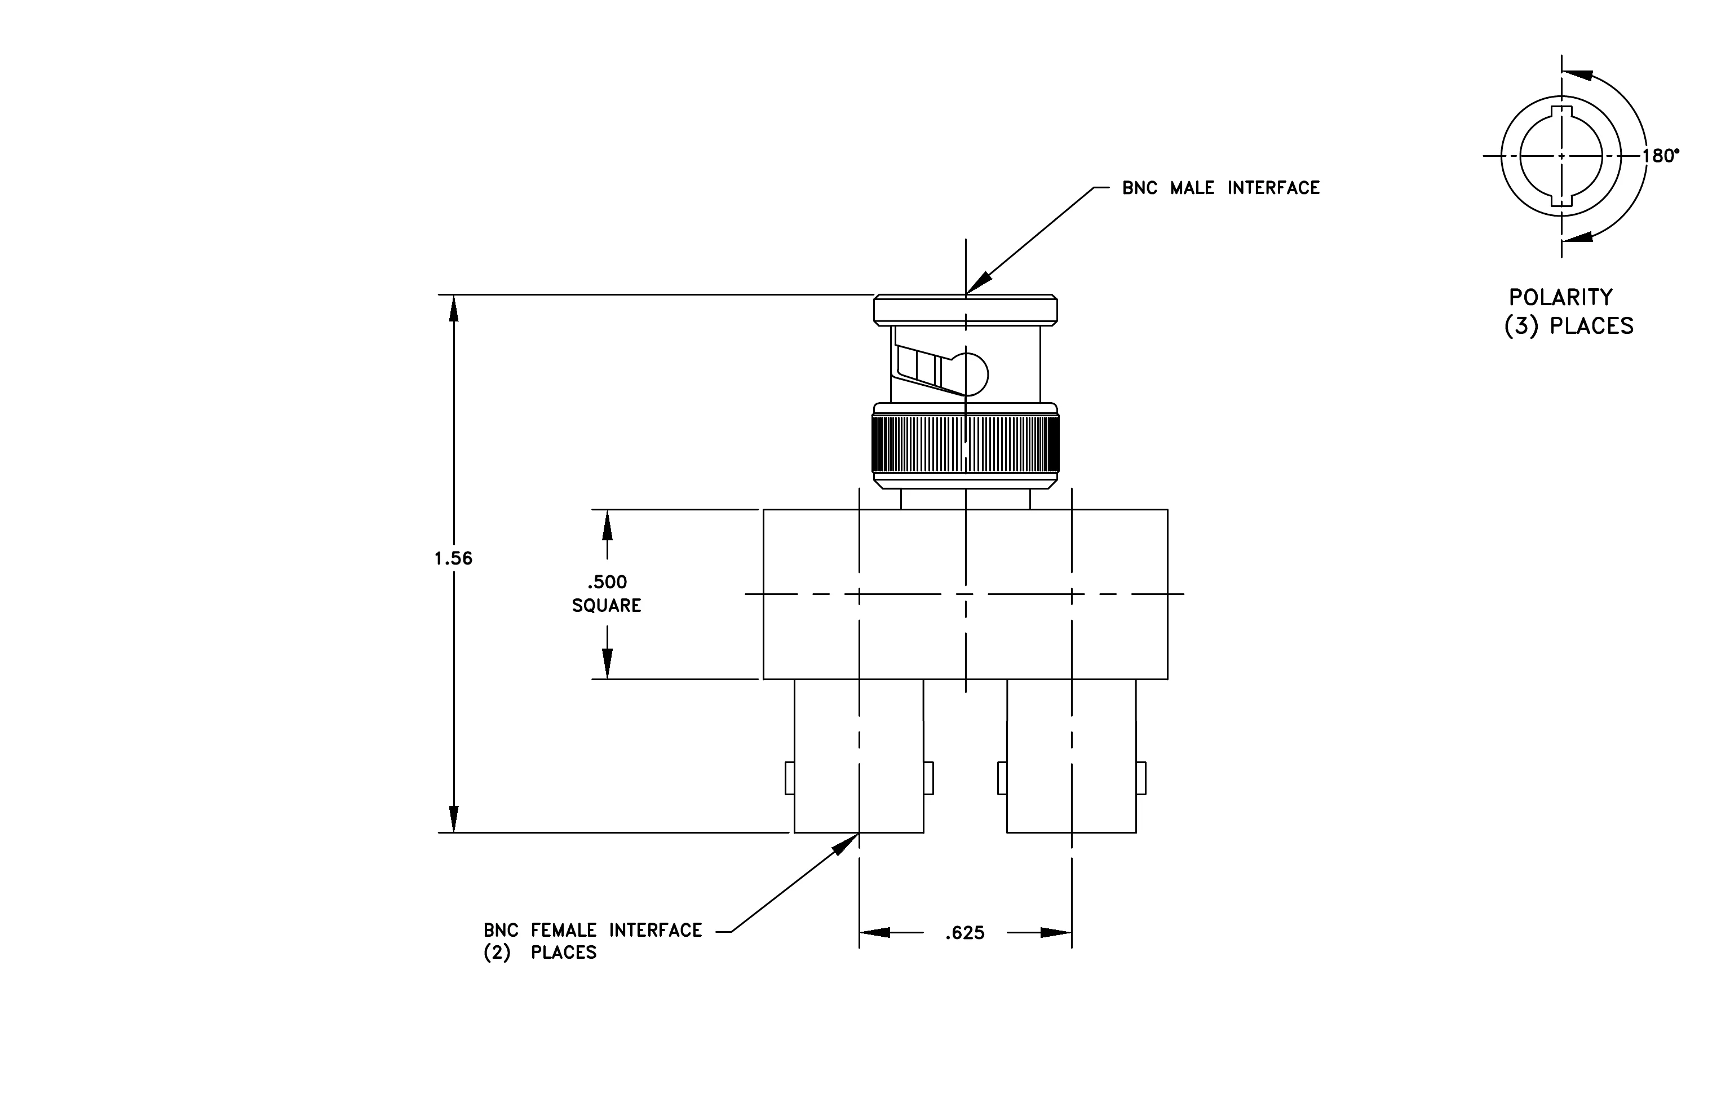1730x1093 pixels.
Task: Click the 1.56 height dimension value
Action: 453,558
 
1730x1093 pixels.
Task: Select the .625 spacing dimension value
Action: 965,933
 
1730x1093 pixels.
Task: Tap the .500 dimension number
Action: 607,582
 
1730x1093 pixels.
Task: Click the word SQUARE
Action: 607,606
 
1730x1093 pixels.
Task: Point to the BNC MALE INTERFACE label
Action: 1222,188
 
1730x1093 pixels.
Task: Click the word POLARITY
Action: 1560,298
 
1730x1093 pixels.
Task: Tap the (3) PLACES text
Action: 1569,326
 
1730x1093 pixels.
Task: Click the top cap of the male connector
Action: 966,310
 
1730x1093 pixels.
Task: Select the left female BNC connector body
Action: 859,756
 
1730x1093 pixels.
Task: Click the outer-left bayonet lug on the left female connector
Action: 790,778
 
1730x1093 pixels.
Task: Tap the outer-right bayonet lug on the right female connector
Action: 1141,778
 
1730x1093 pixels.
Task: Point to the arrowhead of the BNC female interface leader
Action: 846,844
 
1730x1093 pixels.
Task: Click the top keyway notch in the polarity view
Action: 1561,112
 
